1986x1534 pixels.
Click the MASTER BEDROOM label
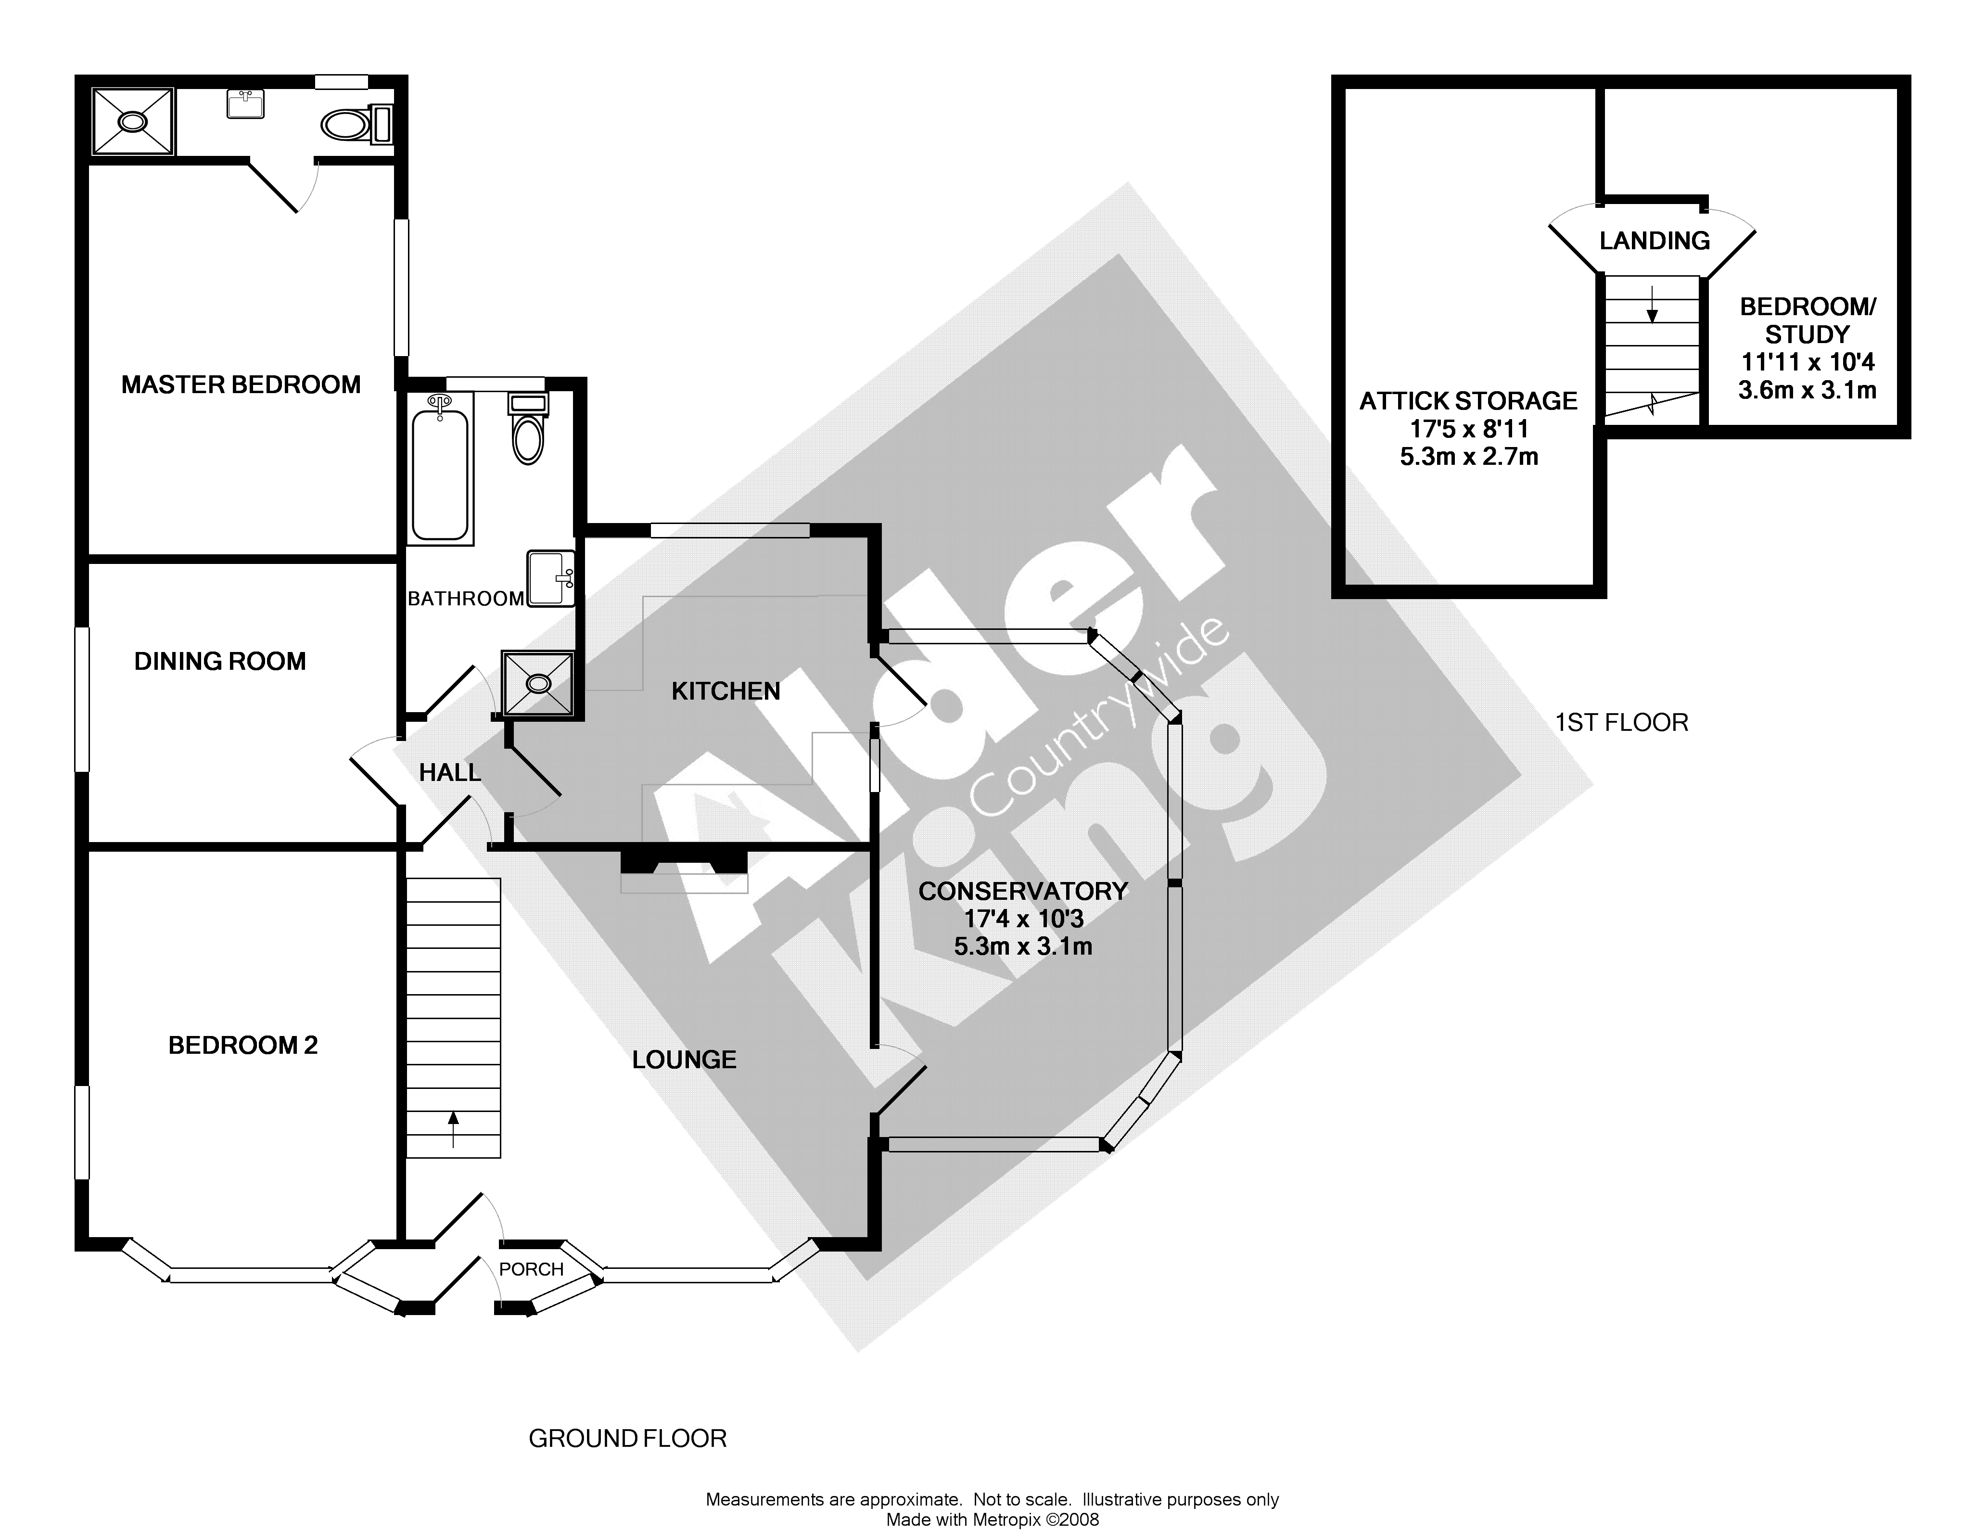241,384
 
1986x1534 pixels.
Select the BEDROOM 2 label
243,1046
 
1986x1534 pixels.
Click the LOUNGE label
684,1060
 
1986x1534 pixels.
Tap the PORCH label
531,1269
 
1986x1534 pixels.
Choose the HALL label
449,773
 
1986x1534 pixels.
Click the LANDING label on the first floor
1654,241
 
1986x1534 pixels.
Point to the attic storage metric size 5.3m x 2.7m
1469,457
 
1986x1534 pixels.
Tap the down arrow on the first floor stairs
1652,309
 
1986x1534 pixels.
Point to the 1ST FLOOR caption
1621,723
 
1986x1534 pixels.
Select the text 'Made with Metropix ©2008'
992,1520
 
